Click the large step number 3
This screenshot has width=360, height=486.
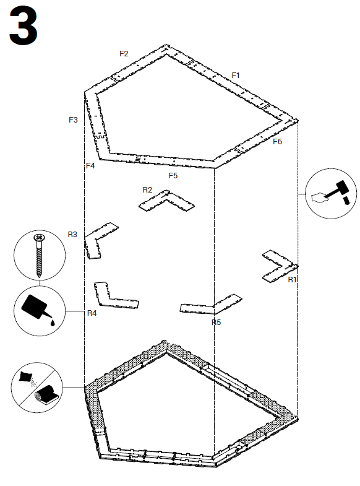[24, 26]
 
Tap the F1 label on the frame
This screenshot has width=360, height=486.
[236, 75]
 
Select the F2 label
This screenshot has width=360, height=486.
[124, 54]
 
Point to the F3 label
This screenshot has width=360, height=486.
[73, 119]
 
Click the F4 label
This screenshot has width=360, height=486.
[90, 165]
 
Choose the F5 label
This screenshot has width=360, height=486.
[173, 176]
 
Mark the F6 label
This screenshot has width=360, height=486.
[277, 142]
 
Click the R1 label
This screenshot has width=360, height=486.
[293, 280]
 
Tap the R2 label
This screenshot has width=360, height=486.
[147, 189]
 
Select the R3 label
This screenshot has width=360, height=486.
[72, 235]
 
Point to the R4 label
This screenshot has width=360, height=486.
[92, 313]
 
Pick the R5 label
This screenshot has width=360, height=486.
[216, 322]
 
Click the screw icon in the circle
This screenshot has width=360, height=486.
[39, 254]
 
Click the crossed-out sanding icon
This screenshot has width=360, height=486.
[36, 388]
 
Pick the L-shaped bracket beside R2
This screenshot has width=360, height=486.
[167, 201]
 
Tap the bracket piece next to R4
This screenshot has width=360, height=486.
[114, 297]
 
